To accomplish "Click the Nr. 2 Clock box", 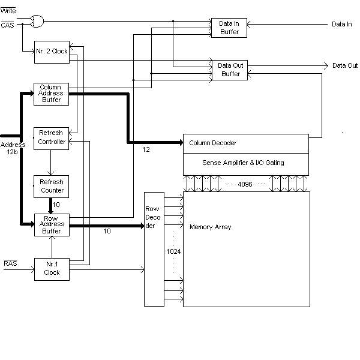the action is tap(52, 52).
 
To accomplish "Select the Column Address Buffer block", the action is tap(51, 94).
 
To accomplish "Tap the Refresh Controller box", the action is tap(51, 139).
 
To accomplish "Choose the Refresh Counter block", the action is tap(51, 187).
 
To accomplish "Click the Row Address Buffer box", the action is tap(52, 225).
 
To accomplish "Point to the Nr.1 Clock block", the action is tap(52, 269).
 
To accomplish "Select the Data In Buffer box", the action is tap(229, 28).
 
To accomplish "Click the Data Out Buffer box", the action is tap(230, 70).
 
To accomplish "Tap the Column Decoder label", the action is tap(212, 143).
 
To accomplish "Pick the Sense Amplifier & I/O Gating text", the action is tap(243, 163).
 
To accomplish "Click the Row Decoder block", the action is tap(154, 249).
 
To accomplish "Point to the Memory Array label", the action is tap(211, 227).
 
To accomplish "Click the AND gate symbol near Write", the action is tap(37, 22).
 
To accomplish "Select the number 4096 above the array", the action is tap(245, 184).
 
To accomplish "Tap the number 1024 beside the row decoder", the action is tap(173, 251).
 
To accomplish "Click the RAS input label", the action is tap(10, 263).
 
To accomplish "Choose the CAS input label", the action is tap(7, 25).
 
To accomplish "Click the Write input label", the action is tap(8, 11).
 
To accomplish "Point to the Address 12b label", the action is tap(13, 148).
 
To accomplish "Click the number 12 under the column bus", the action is tap(146, 149).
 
